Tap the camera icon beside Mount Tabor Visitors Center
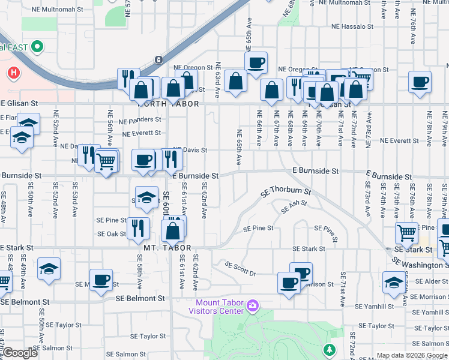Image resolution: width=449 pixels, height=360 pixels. (253, 306)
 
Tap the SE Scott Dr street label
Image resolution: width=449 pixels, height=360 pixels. (240, 269)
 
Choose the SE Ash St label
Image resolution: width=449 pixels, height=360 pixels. (294, 207)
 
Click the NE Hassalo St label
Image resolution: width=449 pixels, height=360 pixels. (354, 26)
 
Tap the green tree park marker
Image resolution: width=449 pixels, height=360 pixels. (329, 349)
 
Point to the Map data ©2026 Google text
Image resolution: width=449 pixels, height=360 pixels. (411, 355)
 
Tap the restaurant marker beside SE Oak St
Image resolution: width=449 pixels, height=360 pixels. (139, 227)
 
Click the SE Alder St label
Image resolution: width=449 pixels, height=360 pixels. (429, 281)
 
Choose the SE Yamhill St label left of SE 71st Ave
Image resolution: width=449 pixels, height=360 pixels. (374, 307)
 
